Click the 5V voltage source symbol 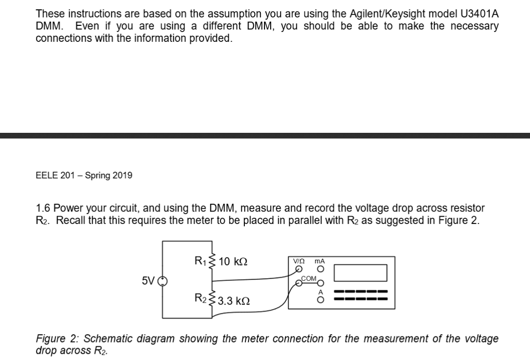[163, 281]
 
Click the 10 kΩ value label [233, 261]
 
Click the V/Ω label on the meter [299, 261]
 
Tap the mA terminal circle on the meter [321, 269]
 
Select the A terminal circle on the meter [321, 299]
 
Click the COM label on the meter [308, 279]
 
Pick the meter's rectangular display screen [361, 273]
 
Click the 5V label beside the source [149, 281]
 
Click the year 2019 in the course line [122, 175]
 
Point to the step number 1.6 [43, 208]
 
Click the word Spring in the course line [98, 175]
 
